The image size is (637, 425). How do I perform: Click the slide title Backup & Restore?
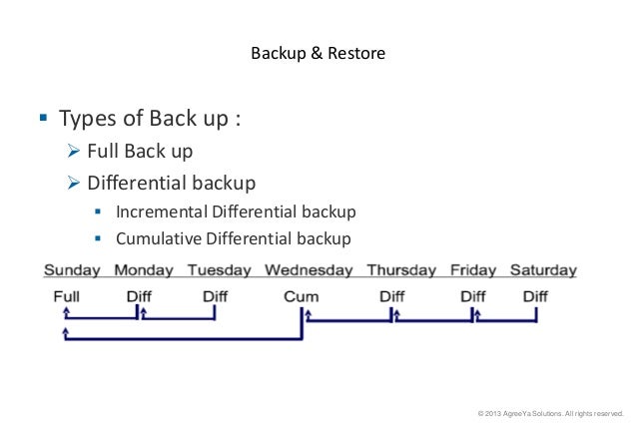coord(318,52)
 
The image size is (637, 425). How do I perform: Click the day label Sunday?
coord(73,270)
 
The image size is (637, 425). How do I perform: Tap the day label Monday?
coord(144,270)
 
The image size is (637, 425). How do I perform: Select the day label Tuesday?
coord(220,270)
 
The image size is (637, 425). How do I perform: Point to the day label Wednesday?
coord(309,270)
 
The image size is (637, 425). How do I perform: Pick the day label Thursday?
coord(401,270)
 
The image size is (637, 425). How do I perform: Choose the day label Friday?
coord(473,270)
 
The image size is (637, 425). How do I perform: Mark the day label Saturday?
coord(543,270)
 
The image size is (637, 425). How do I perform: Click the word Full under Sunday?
coord(67,296)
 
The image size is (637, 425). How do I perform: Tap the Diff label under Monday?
coord(139,296)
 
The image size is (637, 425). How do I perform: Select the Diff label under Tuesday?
coord(215,296)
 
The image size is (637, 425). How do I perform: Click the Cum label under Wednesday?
coord(301,296)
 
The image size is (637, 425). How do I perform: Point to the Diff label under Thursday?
coord(391,296)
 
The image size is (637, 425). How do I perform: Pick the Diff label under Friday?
coord(472,296)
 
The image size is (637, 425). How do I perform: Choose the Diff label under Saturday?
coord(535,296)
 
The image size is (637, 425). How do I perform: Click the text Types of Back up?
coord(150,120)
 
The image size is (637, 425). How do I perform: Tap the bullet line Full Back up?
coord(140,153)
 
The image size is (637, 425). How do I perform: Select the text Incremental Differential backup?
coord(236,212)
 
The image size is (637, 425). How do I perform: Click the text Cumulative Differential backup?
coord(233,238)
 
